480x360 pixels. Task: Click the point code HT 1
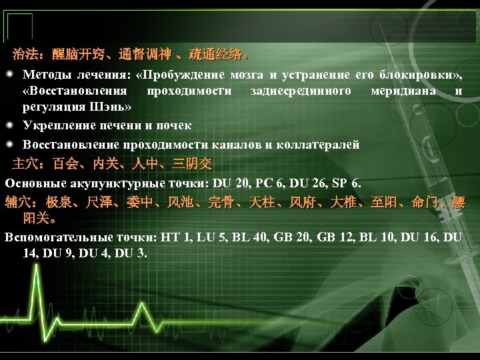[x=171, y=237]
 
